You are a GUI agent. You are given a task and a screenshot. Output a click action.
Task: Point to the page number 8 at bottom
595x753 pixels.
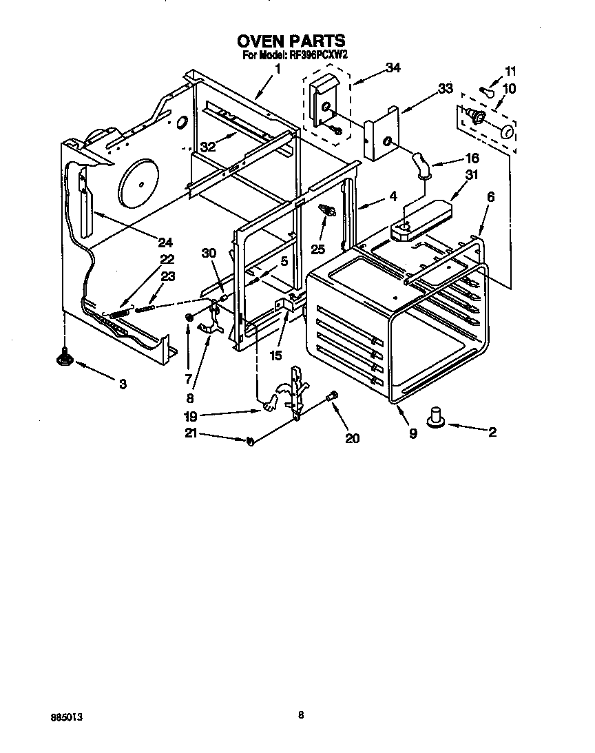(x=300, y=715)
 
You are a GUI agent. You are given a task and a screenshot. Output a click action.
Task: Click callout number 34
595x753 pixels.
(x=393, y=68)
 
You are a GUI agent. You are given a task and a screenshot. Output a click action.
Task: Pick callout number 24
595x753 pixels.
(x=165, y=243)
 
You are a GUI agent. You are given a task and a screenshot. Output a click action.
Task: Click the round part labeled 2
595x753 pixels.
(x=435, y=417)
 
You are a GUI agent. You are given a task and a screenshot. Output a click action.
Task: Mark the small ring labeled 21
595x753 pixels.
(x=250, y=441)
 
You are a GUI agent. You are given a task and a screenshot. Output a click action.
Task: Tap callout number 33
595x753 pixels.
(x=446, y=88)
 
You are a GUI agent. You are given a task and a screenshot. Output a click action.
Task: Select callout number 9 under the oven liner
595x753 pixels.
(x=413, y=435)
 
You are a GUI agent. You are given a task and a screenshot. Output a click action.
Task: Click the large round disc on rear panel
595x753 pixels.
(x=140, y=184)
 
